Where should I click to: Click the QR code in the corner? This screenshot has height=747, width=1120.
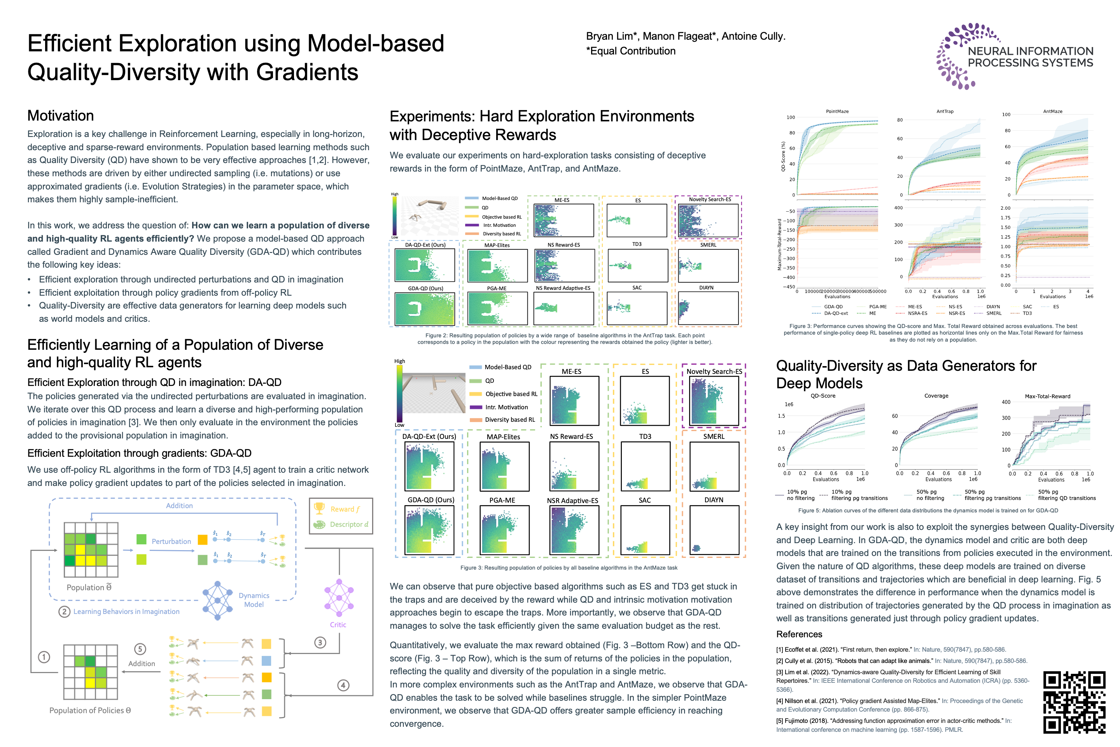tap(1074, 702)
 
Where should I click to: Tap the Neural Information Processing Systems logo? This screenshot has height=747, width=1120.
tap(1014, 56)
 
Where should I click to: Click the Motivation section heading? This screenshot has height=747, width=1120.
tap(61, 116)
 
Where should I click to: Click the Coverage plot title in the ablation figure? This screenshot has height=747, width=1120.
tap(936, 396)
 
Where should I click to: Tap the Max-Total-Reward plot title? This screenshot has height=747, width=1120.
tap(1047, 396)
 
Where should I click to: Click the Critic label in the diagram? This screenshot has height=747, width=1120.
tap(338, 624)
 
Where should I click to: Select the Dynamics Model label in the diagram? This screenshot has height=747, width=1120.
tap(254, 600)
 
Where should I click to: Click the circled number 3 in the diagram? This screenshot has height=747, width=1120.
tap(320, 642)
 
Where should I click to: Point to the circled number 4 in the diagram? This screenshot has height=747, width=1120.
tap(343, 685)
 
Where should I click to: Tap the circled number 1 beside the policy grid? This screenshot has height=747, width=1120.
tap(44, 657)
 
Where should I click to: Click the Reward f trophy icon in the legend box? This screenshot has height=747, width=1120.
tap(319, 509)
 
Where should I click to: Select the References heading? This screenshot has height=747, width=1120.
tap(799, 634)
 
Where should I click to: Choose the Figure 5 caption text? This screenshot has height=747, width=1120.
tap(927, 510)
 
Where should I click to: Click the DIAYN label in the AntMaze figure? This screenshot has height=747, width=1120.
tap(713, 500)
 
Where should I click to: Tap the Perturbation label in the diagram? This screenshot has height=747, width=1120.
tap(171, 541)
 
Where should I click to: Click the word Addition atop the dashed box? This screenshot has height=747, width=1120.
tap(179, 505)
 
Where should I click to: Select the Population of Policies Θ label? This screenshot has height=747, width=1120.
tap(90, 710)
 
